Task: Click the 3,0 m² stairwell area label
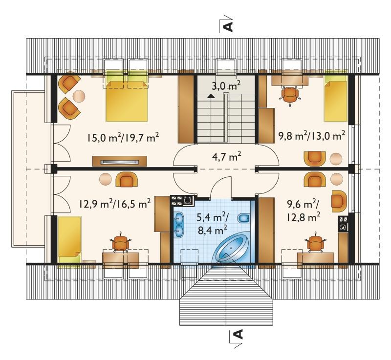click(x=226, y=86)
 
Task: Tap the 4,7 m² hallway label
click(x=226, y=157)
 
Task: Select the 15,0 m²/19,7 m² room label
click(x=123, y=137)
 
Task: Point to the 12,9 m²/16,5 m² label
click(x=115, y=204)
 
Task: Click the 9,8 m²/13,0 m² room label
click(x=312, y=136)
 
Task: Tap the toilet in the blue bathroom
click(x=243, y=218)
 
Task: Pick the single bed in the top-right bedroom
click(x=336, y=98)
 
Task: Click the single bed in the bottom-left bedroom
click(x=69, y=240)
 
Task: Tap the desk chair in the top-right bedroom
click(x=290, y=95)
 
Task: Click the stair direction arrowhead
click(x=211, y=96)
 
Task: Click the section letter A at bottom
click(x=239, y=334)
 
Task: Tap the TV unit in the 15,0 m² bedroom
click(x=119, y=161)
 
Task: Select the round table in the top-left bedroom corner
click(x=79, y=96)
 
